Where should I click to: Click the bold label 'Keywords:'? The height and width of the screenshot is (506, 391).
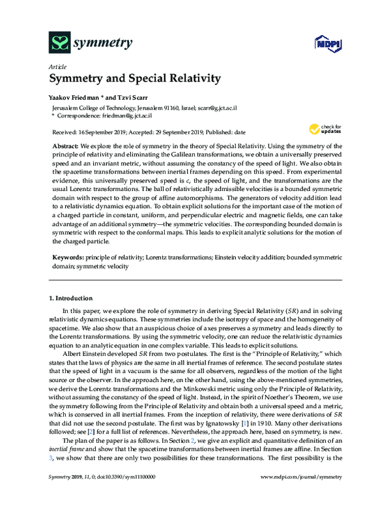tap(67, 259)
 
